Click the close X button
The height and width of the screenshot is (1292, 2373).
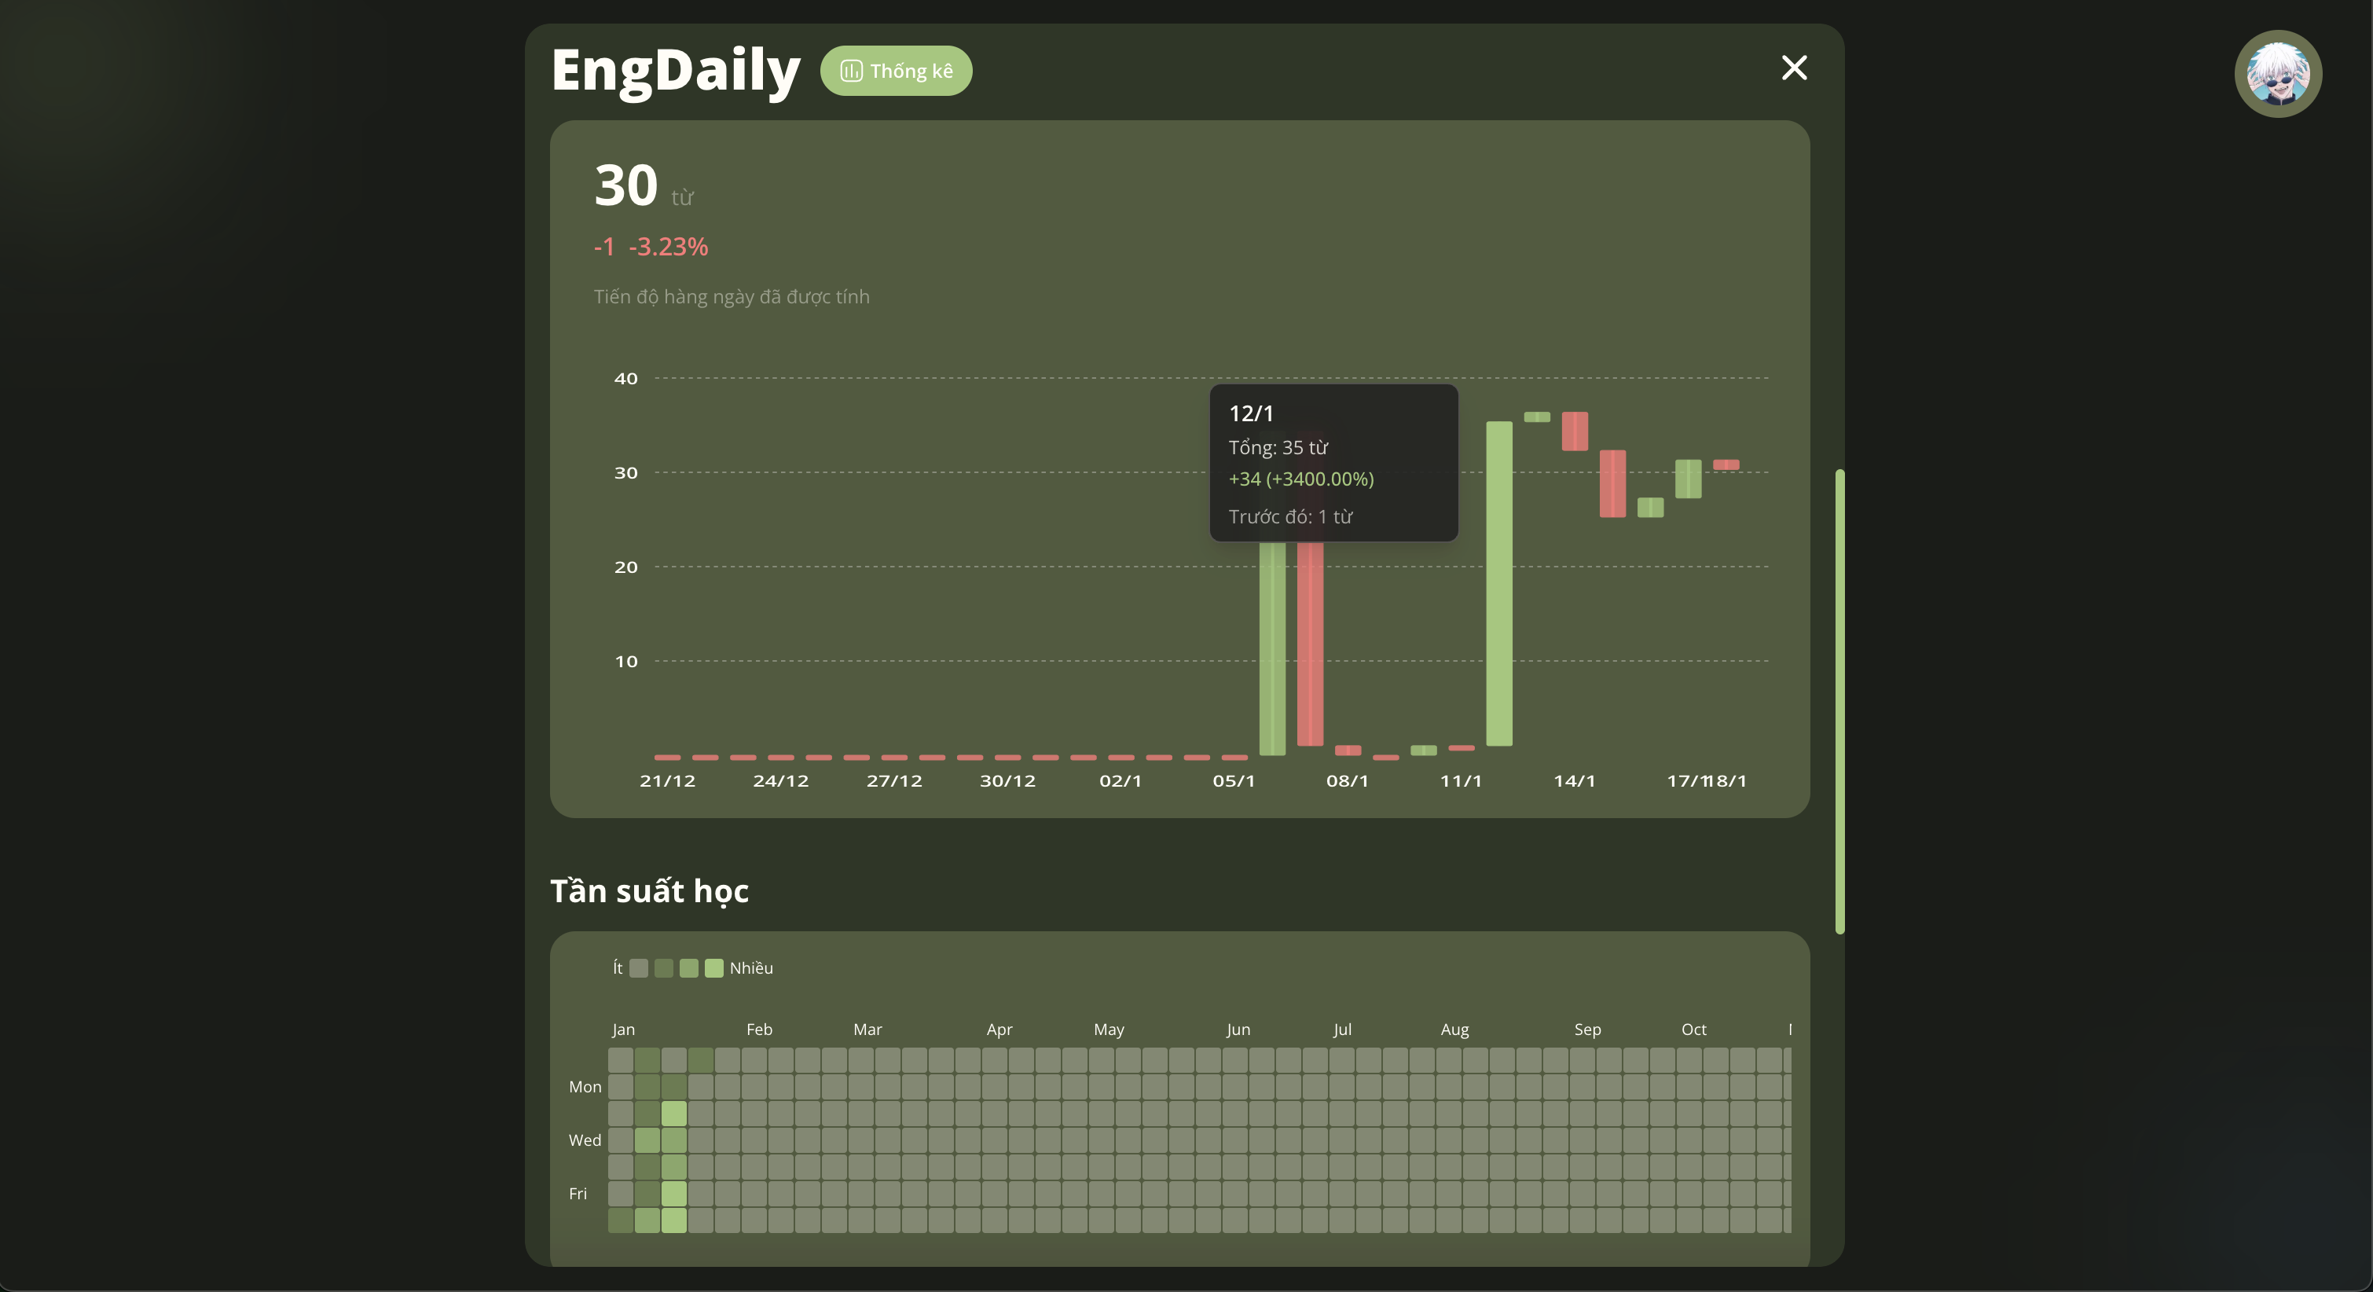1794,68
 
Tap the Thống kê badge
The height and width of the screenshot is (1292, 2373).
896,71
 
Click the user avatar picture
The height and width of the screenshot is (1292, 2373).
2277,74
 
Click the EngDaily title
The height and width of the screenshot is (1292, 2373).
675,70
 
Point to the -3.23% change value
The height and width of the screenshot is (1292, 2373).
668,247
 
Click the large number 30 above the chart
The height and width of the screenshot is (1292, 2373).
625,185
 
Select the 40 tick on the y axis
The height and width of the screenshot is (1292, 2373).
625,379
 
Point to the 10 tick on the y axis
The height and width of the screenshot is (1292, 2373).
625,662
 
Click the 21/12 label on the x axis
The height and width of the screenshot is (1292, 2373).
667,781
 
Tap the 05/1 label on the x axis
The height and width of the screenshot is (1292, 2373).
1234,781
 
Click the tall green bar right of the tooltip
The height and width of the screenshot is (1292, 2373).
1498,582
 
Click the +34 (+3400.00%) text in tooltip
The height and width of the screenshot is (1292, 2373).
1300,479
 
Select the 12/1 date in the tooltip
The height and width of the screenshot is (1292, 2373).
1251,414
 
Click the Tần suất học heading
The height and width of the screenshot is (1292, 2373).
650,891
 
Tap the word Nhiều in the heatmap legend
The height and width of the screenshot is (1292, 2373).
750,968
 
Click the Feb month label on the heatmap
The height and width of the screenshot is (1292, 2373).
759,1030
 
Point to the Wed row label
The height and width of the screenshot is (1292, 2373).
584,1141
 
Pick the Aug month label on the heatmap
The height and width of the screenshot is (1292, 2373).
1454,1030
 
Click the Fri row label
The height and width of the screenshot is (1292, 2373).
578,1195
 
